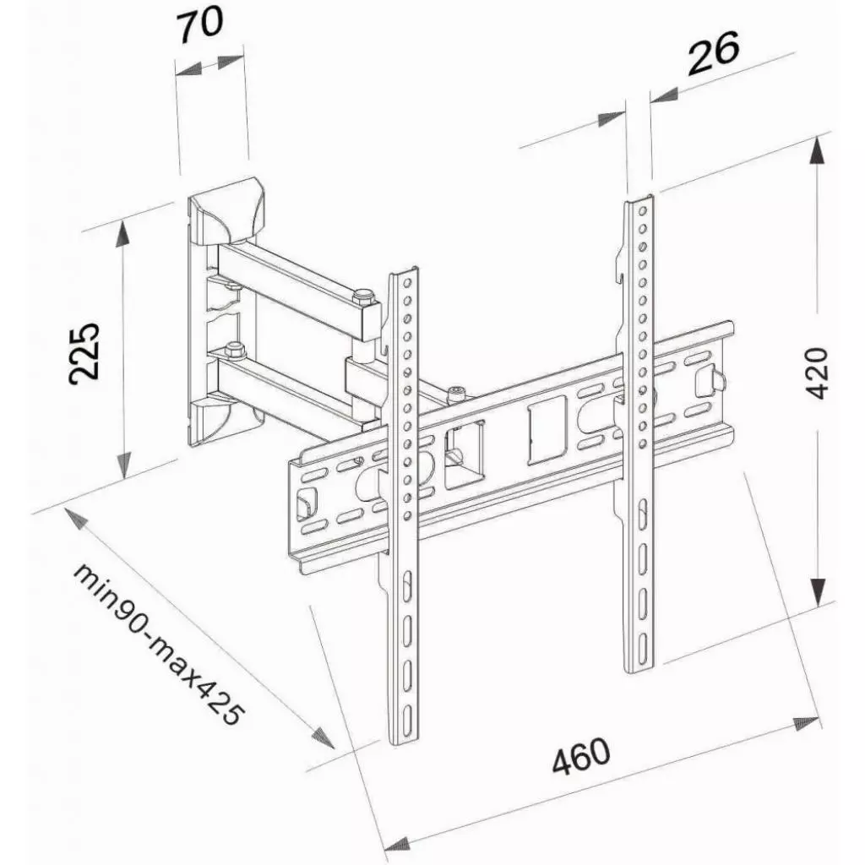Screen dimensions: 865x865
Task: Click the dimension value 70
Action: click(200, 22)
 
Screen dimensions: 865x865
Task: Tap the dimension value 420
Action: click(819, 372)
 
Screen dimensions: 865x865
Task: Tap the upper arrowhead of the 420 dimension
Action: click(816, 152)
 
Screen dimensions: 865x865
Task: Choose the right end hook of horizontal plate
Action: click(717, 379)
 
